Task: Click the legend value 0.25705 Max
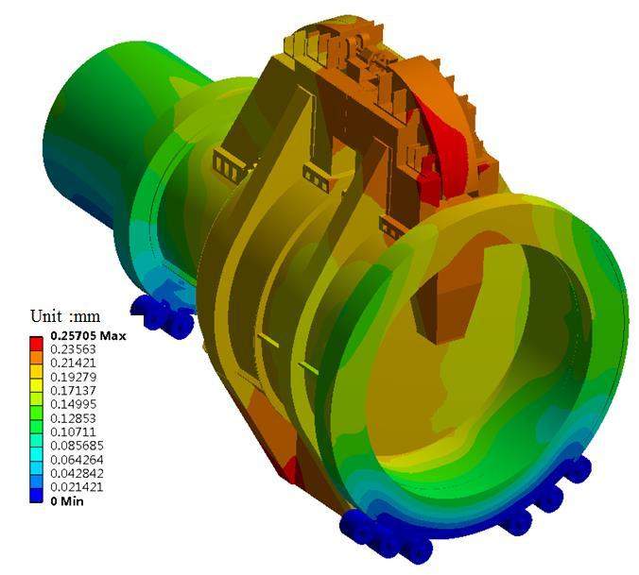[88, 336]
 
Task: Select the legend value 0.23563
[73, 349]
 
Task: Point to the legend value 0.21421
[73, 363]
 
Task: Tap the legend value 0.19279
[73, 377]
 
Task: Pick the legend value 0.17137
[73, 391]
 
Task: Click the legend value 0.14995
[73, 404]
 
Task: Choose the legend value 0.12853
[73, 418]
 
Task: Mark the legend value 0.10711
[73, 431]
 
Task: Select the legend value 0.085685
[77, 446]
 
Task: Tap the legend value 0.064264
[77, 460]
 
